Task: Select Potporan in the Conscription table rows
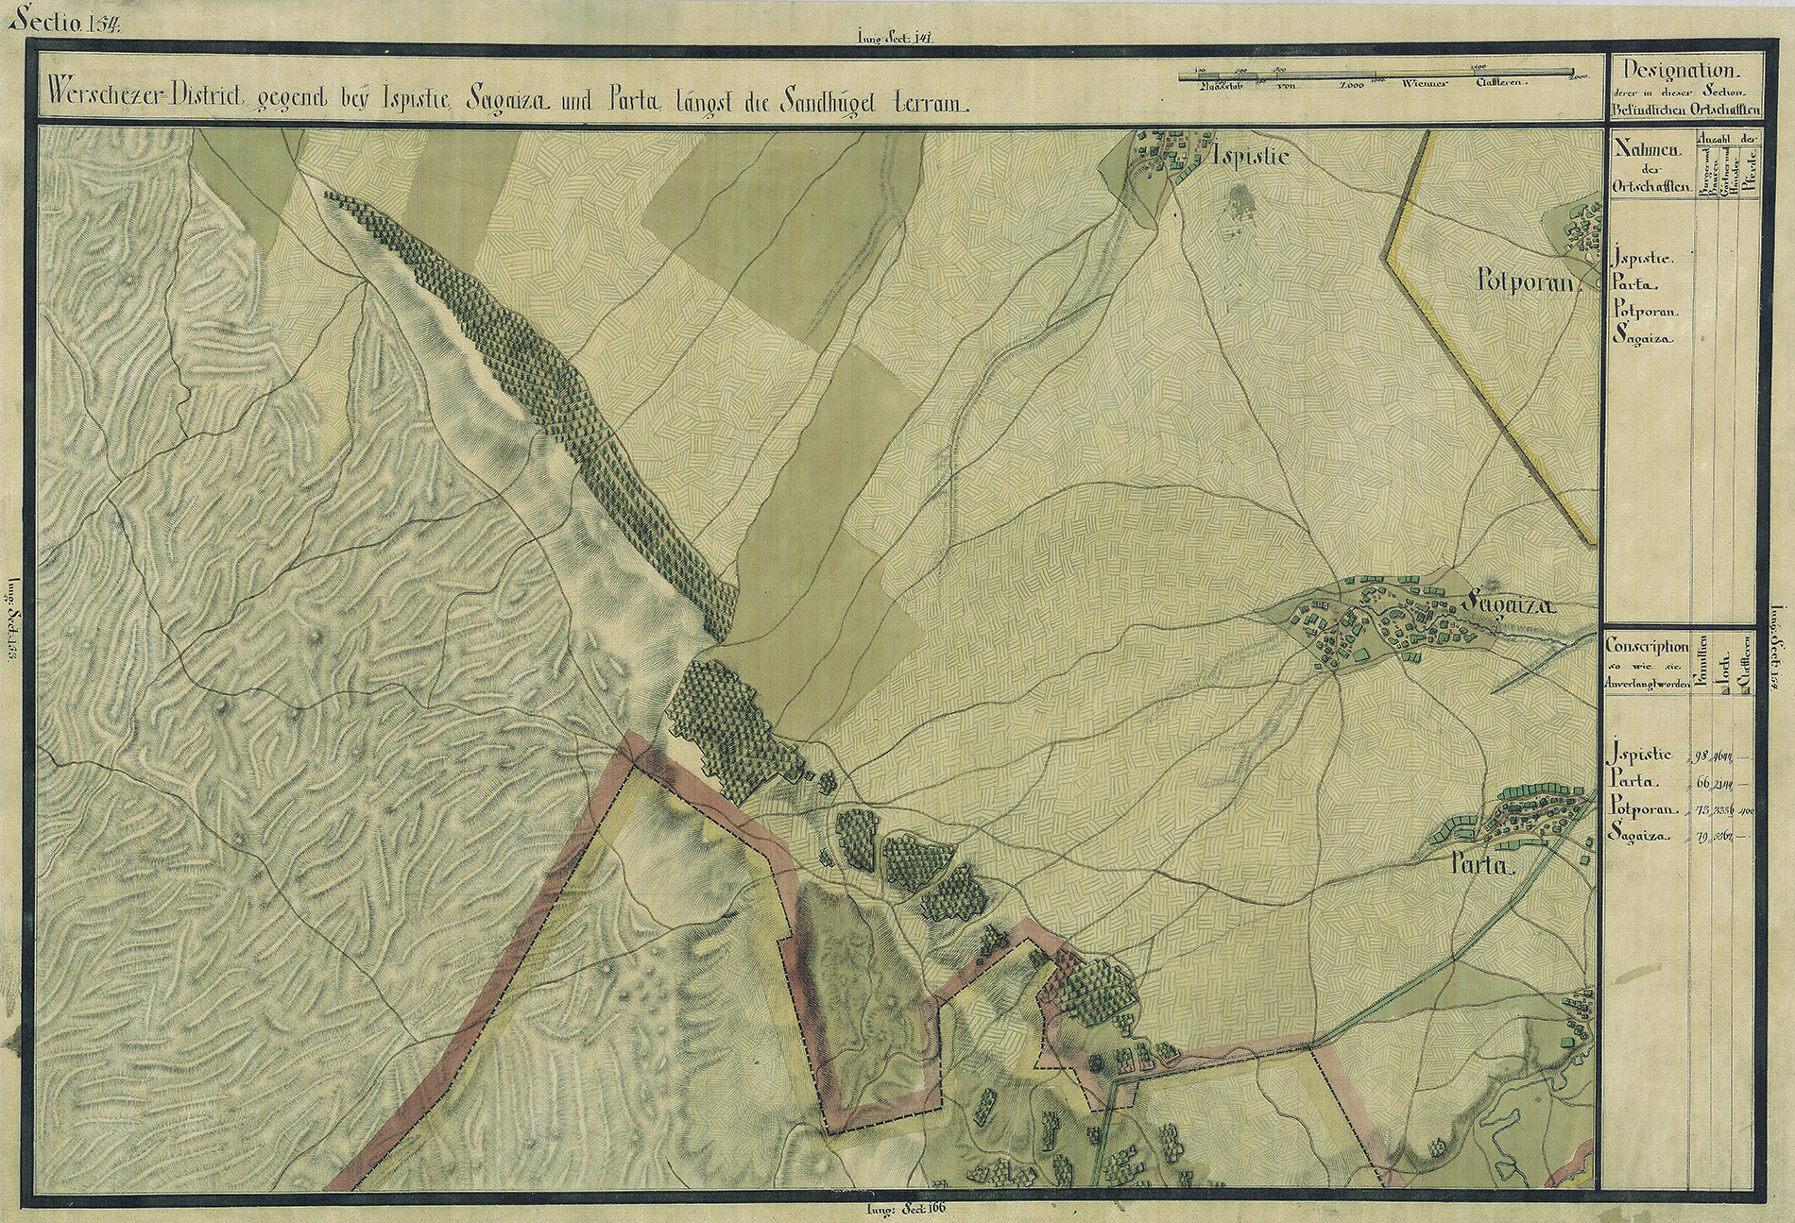[x=1642, y=809]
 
